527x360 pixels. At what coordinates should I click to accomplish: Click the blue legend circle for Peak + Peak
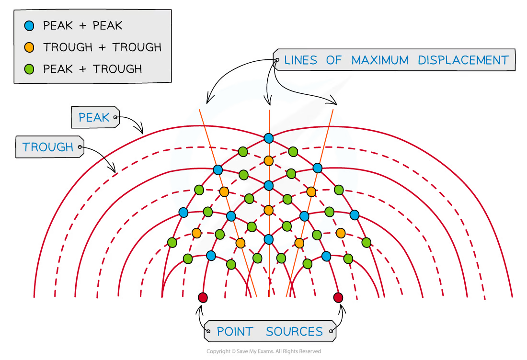29,26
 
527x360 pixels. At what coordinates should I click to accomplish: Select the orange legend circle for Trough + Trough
29,47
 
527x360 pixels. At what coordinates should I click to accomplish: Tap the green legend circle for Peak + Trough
29,69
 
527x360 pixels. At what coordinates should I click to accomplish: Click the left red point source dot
203,298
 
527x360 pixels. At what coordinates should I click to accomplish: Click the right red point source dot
338,298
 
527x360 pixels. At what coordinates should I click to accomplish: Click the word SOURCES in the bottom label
294,331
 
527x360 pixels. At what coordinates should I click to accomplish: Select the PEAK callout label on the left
94,117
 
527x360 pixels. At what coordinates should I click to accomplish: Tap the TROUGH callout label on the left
48,147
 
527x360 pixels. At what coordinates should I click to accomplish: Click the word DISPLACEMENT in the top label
463,60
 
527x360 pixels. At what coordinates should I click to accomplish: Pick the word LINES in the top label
301,60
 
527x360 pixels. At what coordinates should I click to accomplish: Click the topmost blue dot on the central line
269,138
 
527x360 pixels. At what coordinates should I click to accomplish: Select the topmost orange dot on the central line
269,161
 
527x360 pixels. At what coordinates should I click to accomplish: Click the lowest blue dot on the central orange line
269,239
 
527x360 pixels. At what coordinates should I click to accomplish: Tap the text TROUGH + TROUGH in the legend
102,47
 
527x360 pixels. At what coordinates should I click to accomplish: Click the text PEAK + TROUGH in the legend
92,69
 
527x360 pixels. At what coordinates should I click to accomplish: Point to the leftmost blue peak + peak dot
183,212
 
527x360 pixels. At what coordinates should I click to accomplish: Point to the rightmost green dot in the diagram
367,242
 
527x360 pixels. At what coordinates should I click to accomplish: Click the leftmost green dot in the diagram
172,242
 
